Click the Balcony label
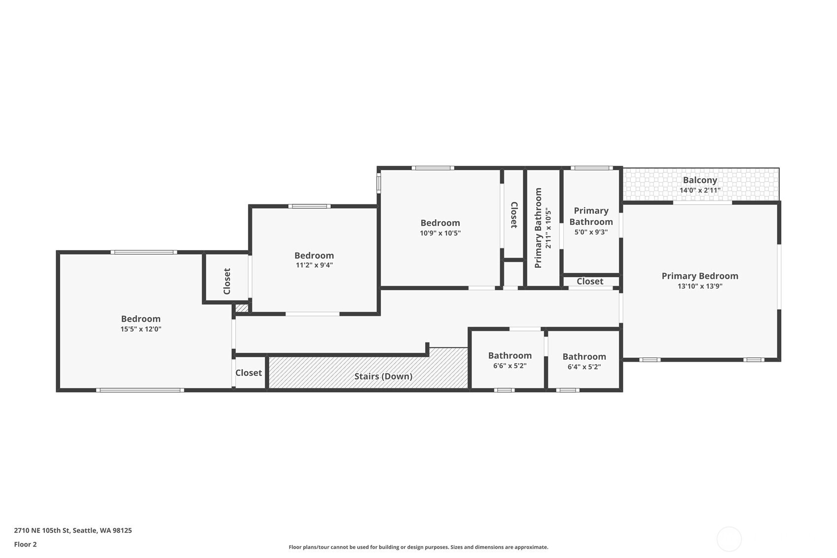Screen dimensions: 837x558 700,180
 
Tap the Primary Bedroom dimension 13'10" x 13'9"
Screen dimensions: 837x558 700,286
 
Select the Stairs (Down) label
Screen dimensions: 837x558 383,376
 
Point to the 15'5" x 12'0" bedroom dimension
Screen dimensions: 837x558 141,329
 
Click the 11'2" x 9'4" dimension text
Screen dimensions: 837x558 314,265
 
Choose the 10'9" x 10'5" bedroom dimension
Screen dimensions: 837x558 440,233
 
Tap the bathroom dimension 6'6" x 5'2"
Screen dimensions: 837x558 509,366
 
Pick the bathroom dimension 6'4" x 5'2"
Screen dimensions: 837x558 584,367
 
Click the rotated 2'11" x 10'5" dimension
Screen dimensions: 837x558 548,228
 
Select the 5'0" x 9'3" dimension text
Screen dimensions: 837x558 591,232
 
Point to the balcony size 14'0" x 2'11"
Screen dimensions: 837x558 700,190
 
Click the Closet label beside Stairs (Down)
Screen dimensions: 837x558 249,373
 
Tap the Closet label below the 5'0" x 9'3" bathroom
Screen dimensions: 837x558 589,281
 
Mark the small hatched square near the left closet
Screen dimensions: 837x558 242,308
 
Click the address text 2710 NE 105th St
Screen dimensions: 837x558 42,530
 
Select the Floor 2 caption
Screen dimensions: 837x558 26,544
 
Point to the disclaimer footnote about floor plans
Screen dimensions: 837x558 418,547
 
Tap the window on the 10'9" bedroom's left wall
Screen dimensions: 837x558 378,183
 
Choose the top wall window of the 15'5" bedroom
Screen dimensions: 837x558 144,252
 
